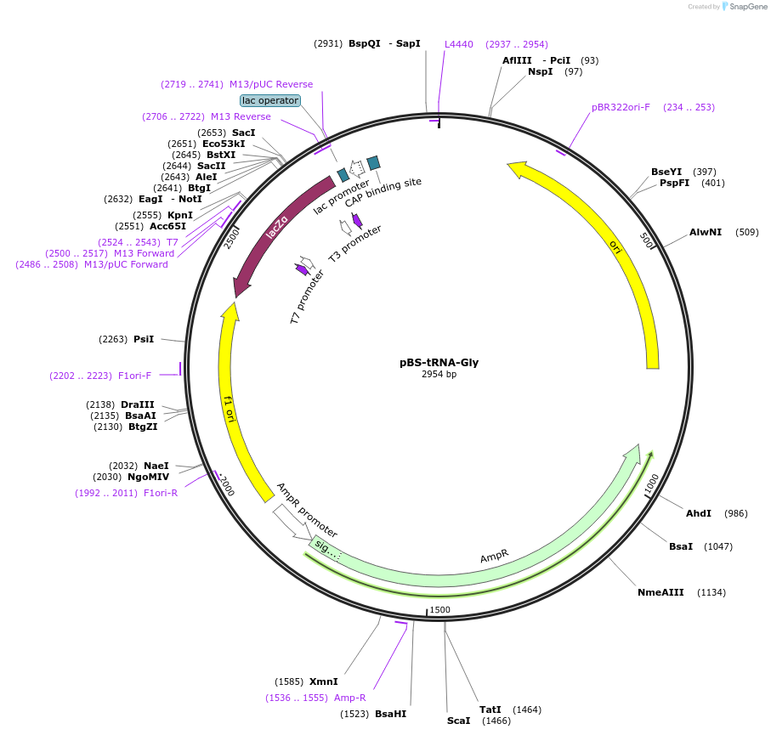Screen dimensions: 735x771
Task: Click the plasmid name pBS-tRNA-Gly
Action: click(439, 362)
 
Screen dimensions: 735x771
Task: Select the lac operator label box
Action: click(270, 100)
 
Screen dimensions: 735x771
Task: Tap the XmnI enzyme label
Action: click(323, 681)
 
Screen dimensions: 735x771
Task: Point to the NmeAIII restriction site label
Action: click(660, 592)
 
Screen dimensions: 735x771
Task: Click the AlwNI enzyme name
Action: click(706, 232)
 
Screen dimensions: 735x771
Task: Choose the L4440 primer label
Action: click(459, 44)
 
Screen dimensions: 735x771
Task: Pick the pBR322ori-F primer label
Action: click(621, 107)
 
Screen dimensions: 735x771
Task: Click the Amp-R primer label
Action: click(350, 698)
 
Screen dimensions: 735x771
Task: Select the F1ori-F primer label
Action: click(134, 376)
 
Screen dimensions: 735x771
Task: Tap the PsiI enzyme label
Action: click(144, 339)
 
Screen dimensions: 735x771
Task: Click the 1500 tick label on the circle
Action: click(439, 610)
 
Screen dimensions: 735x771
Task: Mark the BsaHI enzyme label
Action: click(391, 714)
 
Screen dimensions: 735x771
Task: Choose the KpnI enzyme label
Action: click(180, 215)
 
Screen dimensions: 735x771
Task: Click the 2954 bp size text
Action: click(439, 375)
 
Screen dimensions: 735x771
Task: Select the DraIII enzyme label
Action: click(138, 404)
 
